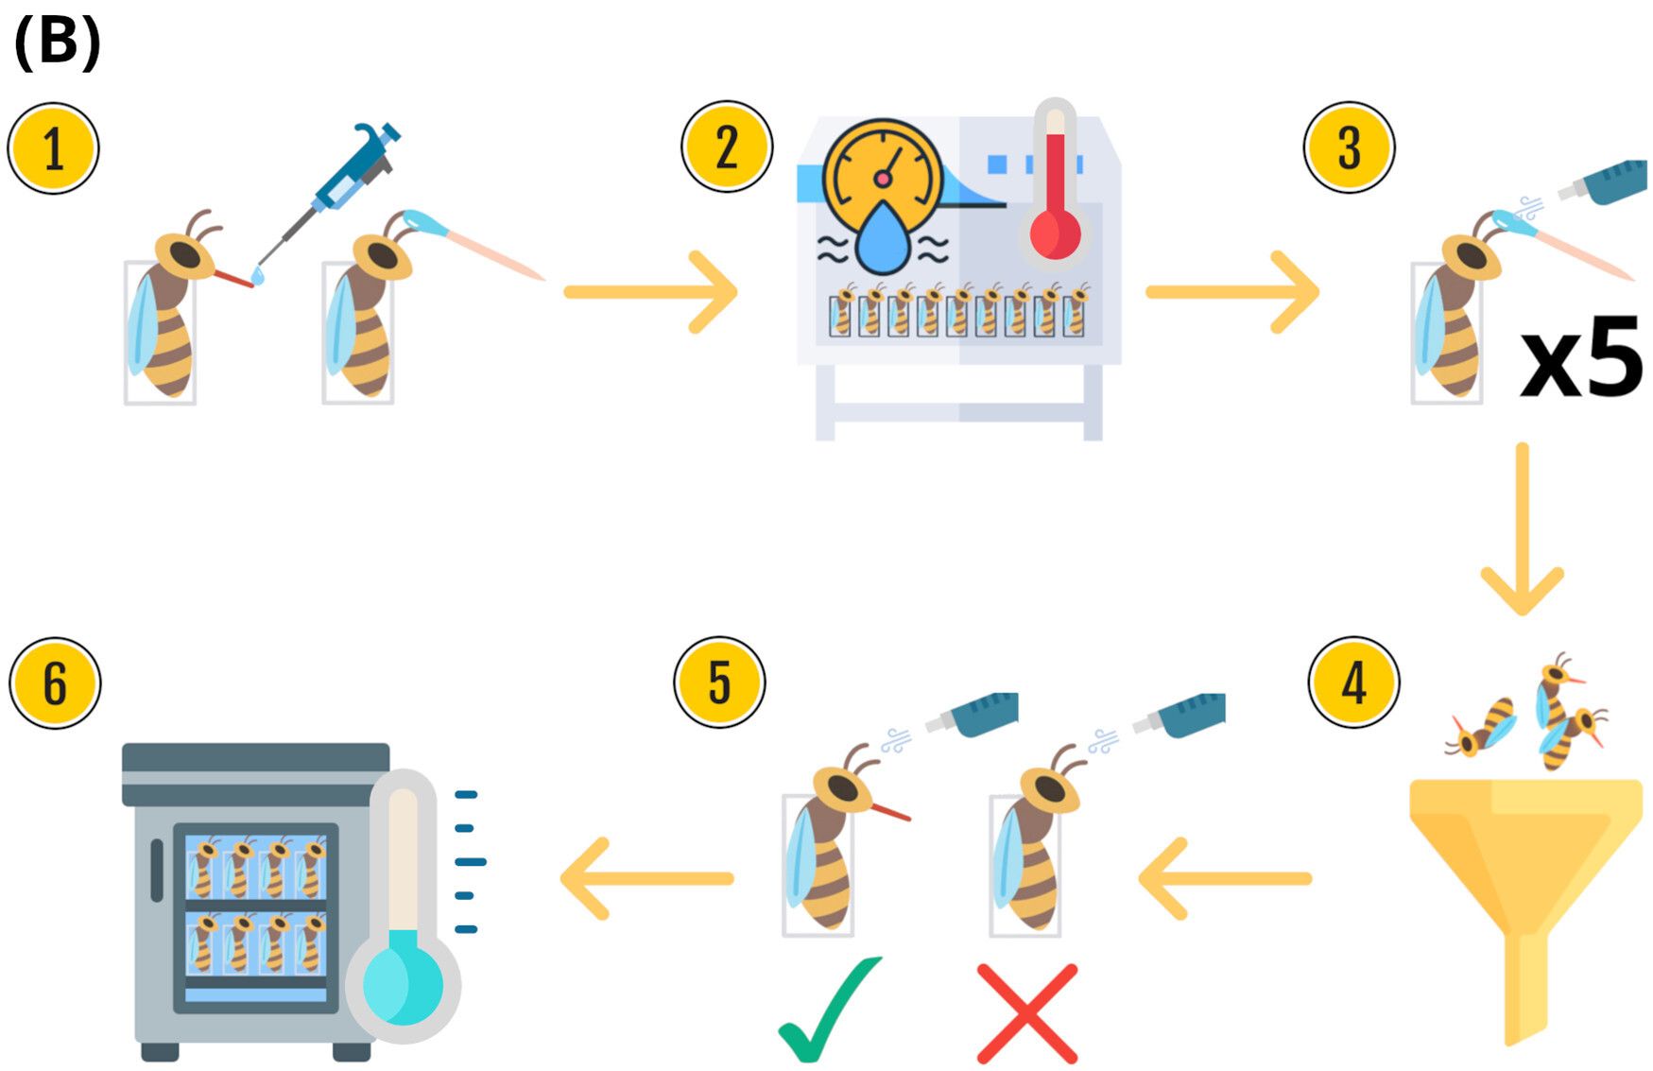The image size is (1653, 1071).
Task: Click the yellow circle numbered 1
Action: click(x=54, y=148)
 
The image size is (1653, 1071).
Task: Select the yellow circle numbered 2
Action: click(x=727, y=147)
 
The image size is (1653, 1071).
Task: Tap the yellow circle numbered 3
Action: click(x=1349, y=147)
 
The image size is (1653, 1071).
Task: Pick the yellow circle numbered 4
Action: click(x=1353, y=682)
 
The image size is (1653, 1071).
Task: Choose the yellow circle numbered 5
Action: click(x=719, y=682)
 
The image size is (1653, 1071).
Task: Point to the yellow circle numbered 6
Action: click(x=55, y=682)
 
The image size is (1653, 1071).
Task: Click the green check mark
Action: click(x=828, y=1010)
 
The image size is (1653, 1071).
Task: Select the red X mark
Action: click(x=1027, y=1013)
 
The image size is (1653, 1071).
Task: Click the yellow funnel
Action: click(x=1524, y=879)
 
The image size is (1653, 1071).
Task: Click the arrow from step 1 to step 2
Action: click(x=650, y=292)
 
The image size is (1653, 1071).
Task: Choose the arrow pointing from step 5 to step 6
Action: click(x=647, y=879)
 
